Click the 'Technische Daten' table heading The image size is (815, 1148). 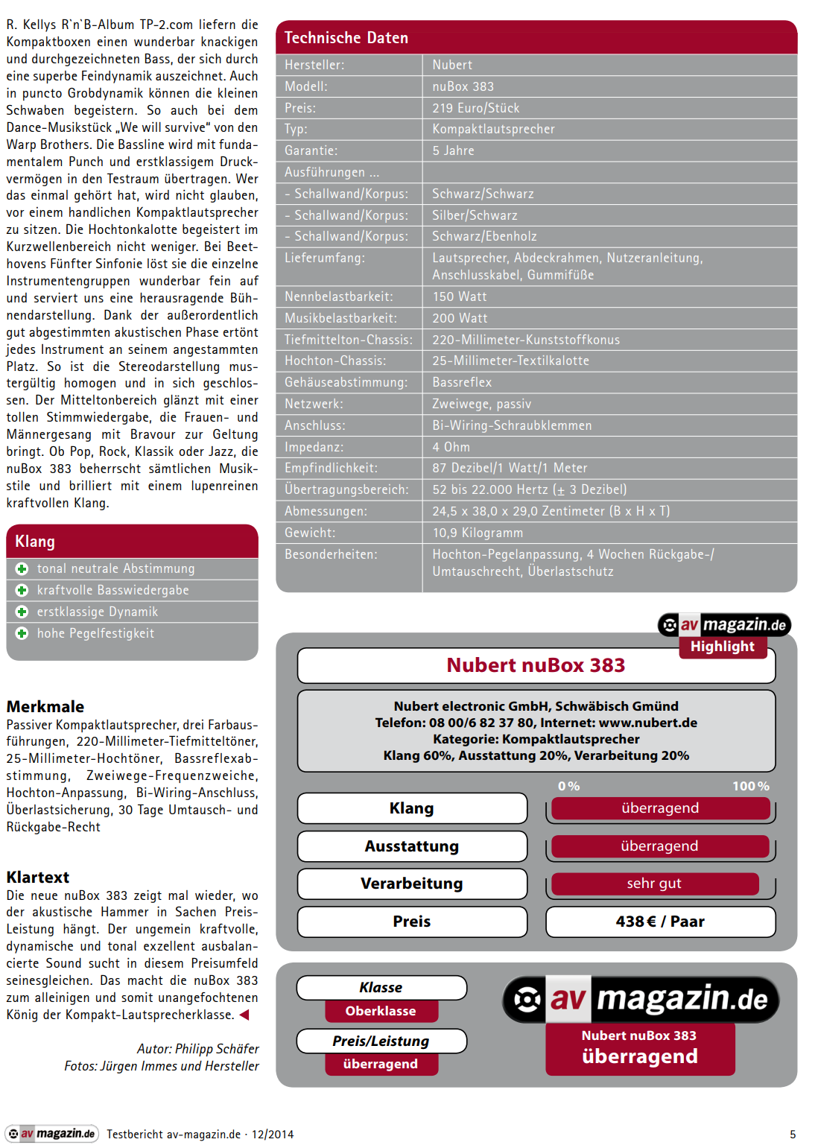(x=346, y=38)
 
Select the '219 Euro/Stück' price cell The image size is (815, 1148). (x=476, y=108)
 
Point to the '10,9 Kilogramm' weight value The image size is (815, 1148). (x=478, y=533)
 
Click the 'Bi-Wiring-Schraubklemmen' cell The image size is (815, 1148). (x=512, y=425)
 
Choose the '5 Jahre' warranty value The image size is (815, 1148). (x=453, y=150)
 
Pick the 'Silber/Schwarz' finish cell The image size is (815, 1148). (x=475, y=215)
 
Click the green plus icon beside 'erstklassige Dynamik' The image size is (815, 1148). (x=22, y=612)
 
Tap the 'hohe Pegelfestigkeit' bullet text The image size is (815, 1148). (x=95, y=633)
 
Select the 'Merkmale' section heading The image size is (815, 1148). (x=45, y=706)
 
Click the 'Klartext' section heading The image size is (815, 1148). (x=38, y=877)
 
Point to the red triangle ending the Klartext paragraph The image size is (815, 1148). (x=244, y=1015)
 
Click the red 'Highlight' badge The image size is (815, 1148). (x=722, y=647)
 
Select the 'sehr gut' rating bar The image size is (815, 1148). (x=654, y=884)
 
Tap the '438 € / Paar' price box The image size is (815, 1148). (x=660, y=922)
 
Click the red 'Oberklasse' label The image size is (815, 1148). (x=381, y=1011)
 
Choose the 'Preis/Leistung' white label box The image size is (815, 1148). (x=381, y=1041)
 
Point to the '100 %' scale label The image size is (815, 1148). (x=750, y=786)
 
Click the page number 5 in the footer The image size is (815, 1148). (x=793, y=1134)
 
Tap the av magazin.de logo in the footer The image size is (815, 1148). (x=52, y=1134)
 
